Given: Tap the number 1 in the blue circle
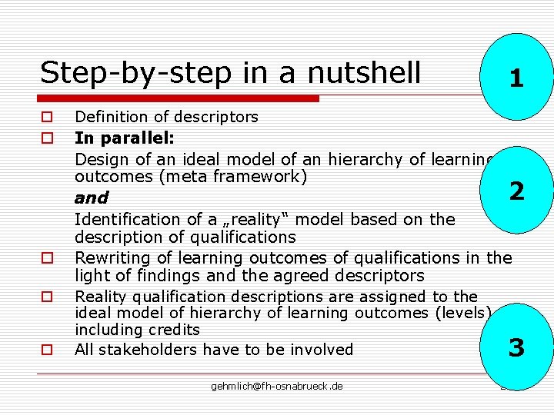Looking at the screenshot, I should [x=516, y=78].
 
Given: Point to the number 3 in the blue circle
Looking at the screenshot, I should [x=516, y=348].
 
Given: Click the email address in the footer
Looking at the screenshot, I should [x=277, y=386].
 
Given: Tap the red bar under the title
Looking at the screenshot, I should [x=179, y=98].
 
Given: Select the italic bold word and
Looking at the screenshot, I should [x=92, y=198].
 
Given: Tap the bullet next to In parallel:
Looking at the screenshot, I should [x=47, y=139].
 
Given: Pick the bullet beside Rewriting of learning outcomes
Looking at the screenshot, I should [x=47, y=258].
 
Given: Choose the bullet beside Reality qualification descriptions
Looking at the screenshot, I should [x=47, y=296].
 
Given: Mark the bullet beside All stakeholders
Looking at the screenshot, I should [x=47, y=350].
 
